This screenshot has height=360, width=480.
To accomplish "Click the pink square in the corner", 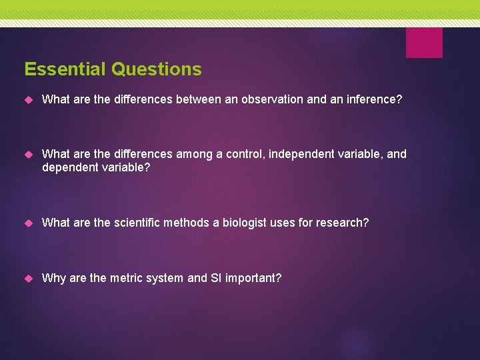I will [424, 43].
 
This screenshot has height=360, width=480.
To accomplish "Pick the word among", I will [193, 155].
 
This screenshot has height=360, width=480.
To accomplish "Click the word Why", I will [53, 278].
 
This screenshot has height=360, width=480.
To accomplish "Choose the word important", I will [253, 278].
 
